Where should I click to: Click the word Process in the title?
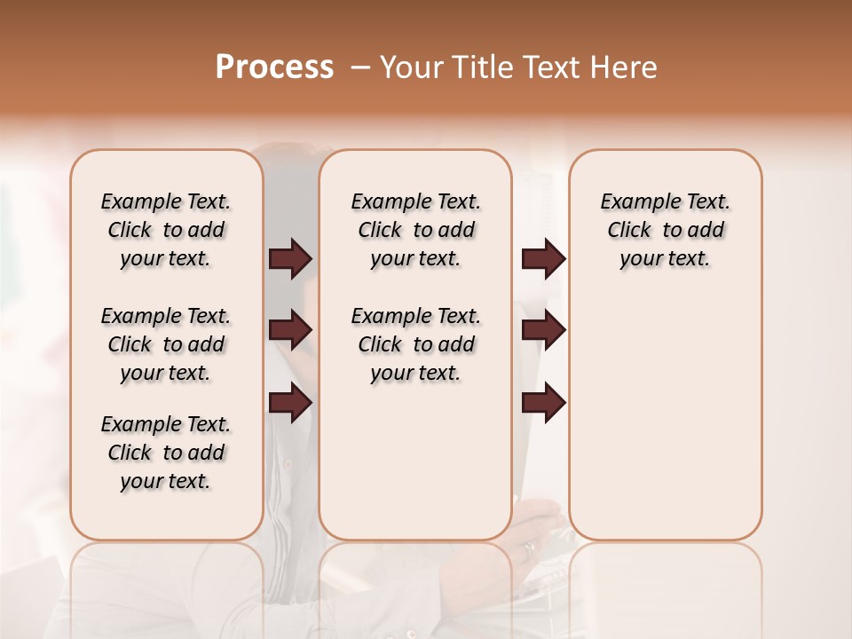click(274, 67)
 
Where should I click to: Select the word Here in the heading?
click(623, 67)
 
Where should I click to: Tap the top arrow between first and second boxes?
click(290, 259)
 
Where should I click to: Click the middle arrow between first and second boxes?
click(290, 331)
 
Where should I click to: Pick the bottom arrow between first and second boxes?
click(290, 404)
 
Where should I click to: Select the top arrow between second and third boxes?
click(543, 259)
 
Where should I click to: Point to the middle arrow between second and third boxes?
click(543, 331)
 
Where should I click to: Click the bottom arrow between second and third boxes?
click(543, 404)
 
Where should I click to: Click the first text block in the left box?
click(166, 230)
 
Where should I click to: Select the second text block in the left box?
click(166, 344)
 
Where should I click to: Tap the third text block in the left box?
click(166, 453)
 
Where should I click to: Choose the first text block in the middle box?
click(415, 230)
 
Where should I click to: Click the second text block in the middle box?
click(415, 344)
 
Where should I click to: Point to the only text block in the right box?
click(665, 230)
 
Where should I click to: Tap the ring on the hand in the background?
click(529, 548)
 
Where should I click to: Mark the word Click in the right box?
click(629, 231)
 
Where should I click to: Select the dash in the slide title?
click(360, 67)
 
